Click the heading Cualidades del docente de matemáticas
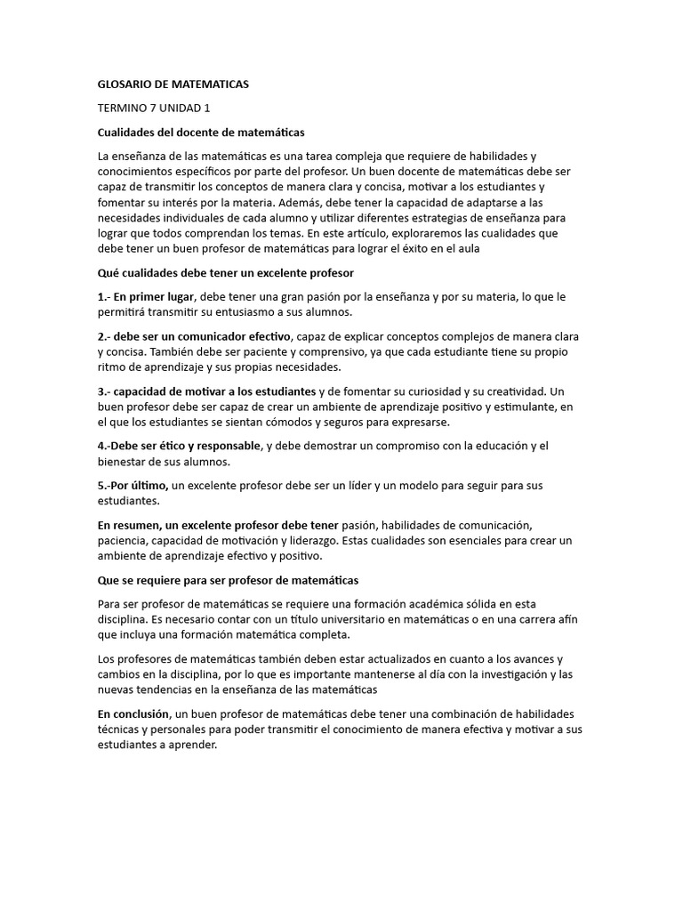(x=200, y=133)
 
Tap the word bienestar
(x=121, y=462)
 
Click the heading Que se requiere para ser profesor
(x=227, y=580)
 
